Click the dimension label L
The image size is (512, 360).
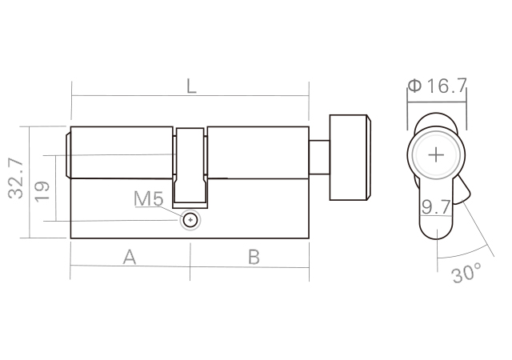point(191,86)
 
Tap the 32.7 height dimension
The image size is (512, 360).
point(16,179)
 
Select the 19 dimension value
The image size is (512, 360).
point(42,191)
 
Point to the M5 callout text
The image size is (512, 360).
point(149,198)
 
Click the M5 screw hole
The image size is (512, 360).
point(190,220)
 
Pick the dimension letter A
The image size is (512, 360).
point(130,257)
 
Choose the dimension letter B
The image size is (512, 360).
point(254,257)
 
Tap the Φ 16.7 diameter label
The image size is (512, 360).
point(438,86)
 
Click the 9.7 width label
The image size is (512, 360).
point(436,206)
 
